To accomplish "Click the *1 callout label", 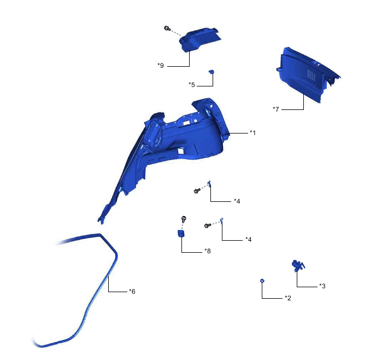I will [x=252, y=133].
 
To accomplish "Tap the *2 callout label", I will [x=287, y=298].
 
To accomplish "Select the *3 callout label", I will [x=322, y=286].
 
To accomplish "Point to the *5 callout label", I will [x=192, y=85].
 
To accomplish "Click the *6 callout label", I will [x=132, y=292].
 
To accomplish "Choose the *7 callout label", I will [x=276, y=109].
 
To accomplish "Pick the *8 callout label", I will [x=207, y=251].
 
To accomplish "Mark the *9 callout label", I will [x=161, y=66].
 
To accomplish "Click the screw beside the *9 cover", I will [x=166, y=28].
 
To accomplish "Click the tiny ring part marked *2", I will [x=262, y=281].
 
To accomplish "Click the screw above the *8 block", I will [x=184, y=219].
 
